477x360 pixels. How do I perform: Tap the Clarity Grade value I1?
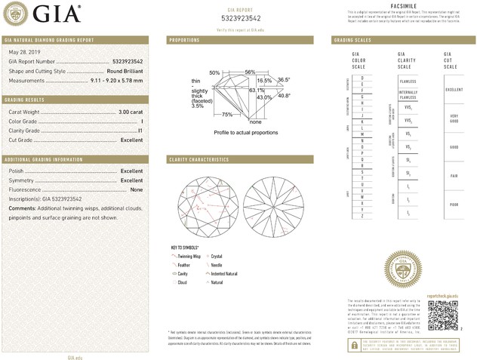(140, 131)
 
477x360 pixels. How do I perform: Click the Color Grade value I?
(141, 122)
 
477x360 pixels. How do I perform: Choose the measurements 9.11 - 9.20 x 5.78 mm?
(110, 80)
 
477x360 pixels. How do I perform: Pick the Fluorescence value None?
(137, 190)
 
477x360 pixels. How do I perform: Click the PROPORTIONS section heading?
(184, 39)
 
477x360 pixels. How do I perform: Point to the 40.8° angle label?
(283, 96)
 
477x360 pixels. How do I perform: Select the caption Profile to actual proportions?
(246, 132)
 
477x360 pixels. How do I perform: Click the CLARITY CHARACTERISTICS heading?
(198, 160)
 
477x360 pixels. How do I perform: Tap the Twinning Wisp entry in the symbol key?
(188, 257)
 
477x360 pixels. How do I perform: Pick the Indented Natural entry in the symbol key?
(226, 273)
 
